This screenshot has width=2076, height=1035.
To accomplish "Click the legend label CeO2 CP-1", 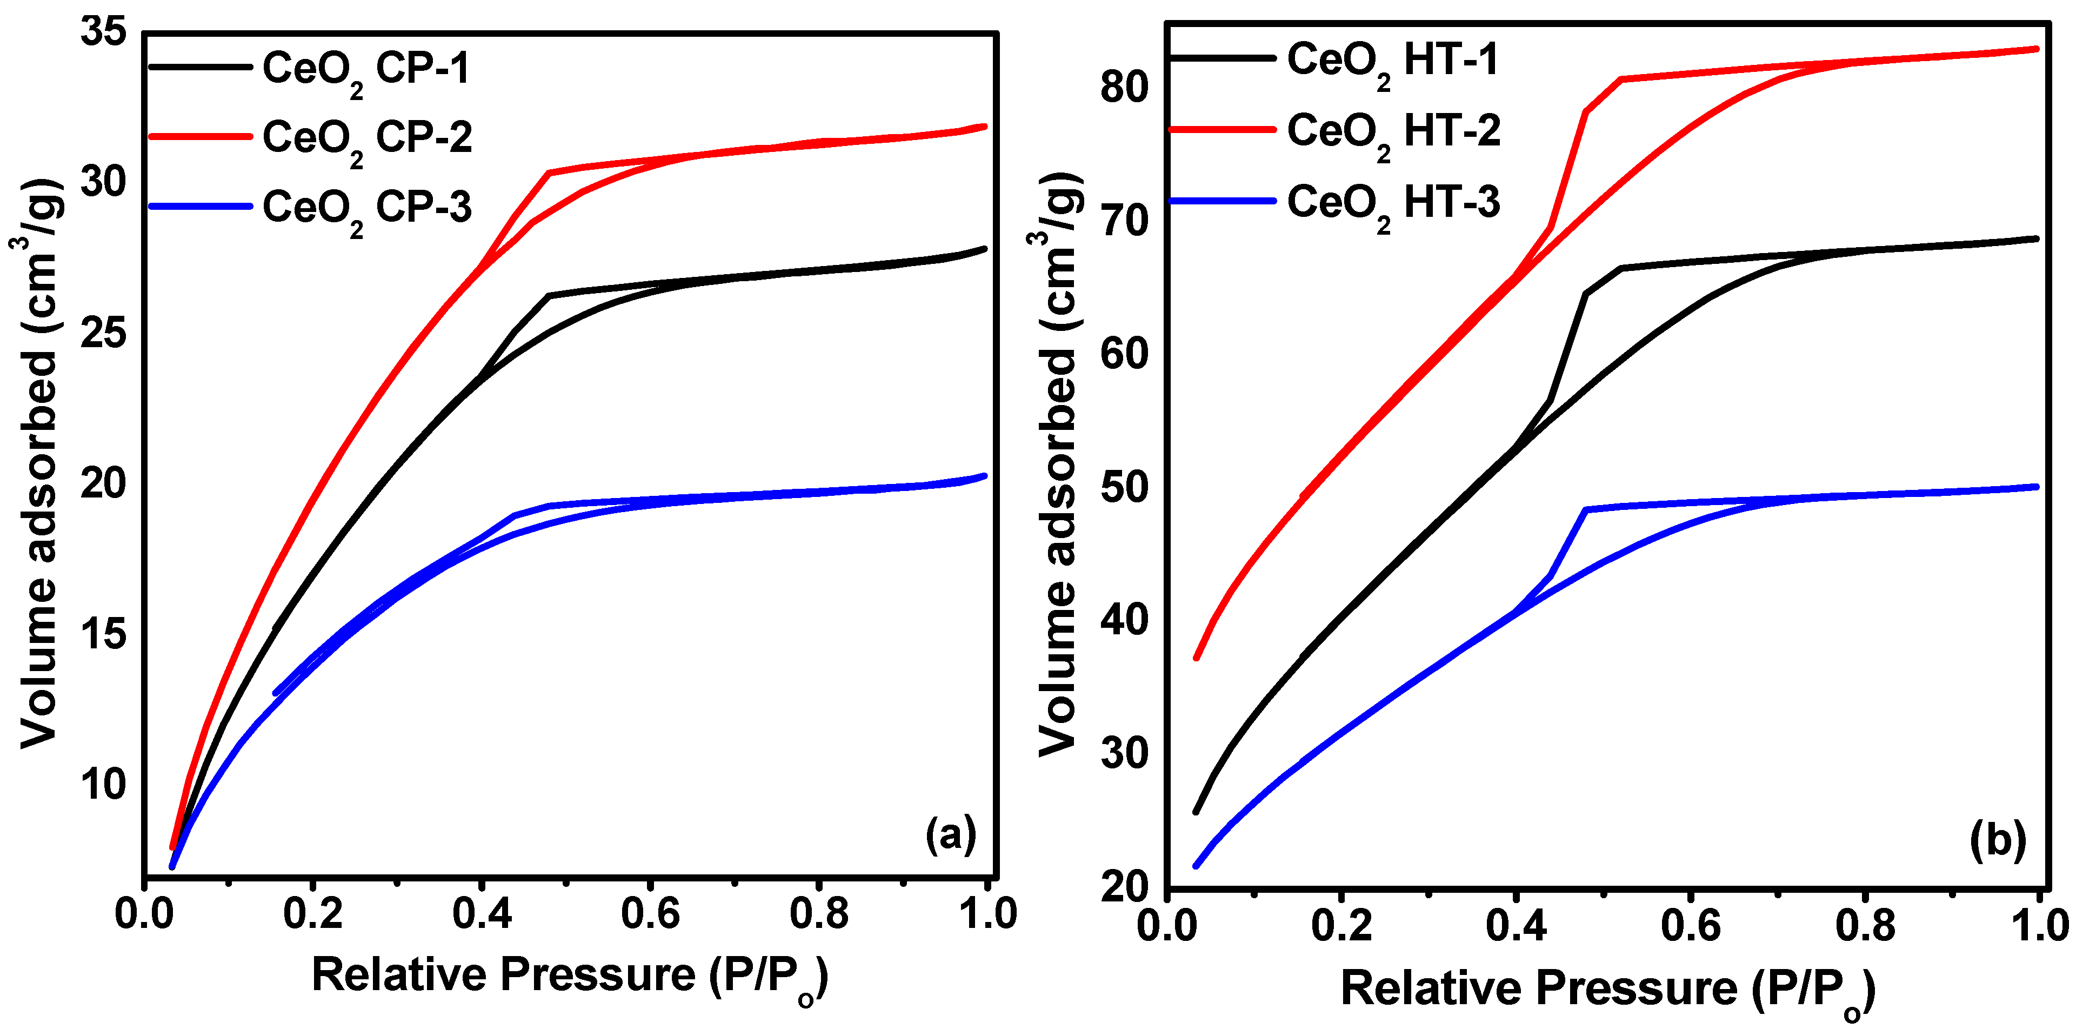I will pos(366,71).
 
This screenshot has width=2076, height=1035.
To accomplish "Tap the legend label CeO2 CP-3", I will pos(366,210).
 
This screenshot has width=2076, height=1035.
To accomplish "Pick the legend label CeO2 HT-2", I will pos(1393,133).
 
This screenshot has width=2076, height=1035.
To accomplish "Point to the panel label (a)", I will pos(951,834).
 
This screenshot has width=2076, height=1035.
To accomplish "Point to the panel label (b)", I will pos(1998,841).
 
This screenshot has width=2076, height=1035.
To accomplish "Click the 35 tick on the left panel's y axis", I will pos(104,32).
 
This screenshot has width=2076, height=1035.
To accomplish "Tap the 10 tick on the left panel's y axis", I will pos(104,784).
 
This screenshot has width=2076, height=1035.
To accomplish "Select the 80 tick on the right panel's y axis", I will pos(1124,87).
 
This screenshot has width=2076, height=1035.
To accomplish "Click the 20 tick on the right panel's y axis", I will pos(1124,887).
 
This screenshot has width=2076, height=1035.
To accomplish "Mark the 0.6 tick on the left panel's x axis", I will pos(650,914).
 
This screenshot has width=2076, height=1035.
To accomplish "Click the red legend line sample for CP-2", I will pos(200,137).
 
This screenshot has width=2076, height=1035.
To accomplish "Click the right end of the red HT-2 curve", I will pos(2035,49).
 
